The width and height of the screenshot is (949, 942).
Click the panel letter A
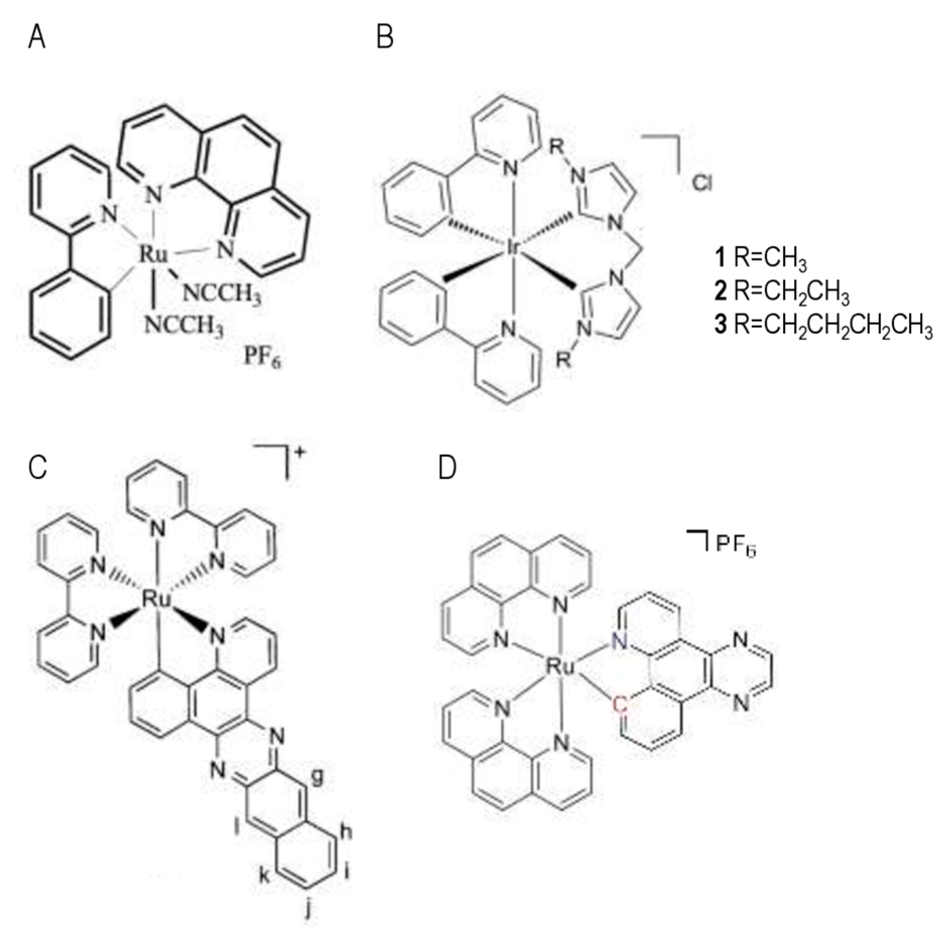(37, 37)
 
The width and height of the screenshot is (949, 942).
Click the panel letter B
(385, 37)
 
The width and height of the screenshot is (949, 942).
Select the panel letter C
(38, 467)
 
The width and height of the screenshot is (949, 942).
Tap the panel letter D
(447, 468)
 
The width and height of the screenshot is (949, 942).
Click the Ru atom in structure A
(154, 254)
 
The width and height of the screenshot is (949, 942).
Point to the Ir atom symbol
(512, 247)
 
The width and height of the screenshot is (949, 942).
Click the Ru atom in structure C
(157, 600)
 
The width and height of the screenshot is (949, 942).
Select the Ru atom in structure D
(561, 668)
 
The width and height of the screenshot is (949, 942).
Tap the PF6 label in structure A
(262, 357)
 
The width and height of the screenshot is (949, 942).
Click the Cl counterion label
(702, 183)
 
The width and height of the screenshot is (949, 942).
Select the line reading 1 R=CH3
(760, 258)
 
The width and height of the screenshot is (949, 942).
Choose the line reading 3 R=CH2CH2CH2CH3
(823, 325)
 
